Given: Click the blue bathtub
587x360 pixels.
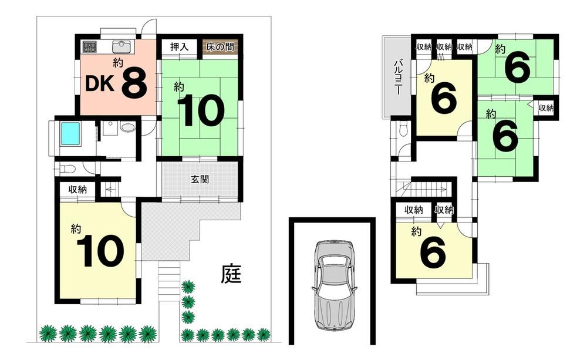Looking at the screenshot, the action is pos(70,134).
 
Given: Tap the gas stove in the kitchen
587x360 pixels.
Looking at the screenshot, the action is pos(89,47).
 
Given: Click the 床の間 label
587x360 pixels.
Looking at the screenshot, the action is pos(220,47).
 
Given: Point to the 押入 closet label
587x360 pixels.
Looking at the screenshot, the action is pos(179,47).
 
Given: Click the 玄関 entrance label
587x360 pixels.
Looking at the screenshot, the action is pos(200,180).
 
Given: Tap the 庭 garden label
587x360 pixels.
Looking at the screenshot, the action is pos(231,275).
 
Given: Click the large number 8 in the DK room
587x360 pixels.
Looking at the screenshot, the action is pos(134,83).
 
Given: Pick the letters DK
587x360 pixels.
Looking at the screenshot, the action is pos(100,85).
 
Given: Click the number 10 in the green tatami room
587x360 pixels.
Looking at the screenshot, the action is pos(201,111).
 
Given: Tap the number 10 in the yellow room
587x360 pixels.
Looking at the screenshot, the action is pos(100,251).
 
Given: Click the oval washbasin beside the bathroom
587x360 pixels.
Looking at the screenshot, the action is pos(127,127).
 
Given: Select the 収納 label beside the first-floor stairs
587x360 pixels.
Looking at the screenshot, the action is pos(77,190).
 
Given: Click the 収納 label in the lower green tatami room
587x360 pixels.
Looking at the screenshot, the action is pos(546,108).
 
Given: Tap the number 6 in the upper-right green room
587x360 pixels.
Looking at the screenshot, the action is pos(517,67).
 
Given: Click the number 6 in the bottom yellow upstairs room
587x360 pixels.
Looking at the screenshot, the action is pos(433,253).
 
